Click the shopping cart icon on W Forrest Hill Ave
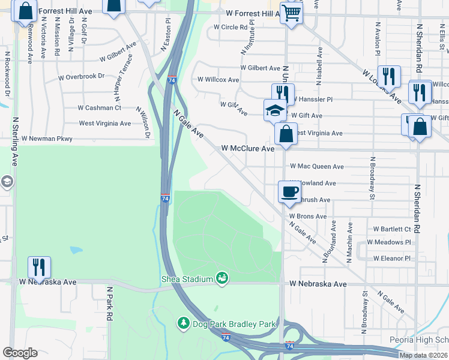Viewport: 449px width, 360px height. (291, 13)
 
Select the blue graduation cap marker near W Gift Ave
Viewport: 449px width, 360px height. (275, 110)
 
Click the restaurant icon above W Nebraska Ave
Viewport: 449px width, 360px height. (39, 267)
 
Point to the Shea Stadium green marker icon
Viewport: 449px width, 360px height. (223, 278)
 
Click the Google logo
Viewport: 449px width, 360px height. (20, 353)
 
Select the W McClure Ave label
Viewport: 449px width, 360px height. (247, 148)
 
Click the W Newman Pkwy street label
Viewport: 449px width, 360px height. (47, 139)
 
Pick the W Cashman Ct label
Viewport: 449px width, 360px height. (100, 108)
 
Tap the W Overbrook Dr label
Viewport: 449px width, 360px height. (81, 77)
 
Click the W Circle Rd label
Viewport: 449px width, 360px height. (231, 27)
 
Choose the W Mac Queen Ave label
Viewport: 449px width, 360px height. (316, 166)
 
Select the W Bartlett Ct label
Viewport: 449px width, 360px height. (392, 229)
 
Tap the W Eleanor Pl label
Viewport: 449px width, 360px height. (391, 259)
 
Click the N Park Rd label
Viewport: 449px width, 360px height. (110, 304)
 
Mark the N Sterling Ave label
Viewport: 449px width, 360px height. (14, 142)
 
